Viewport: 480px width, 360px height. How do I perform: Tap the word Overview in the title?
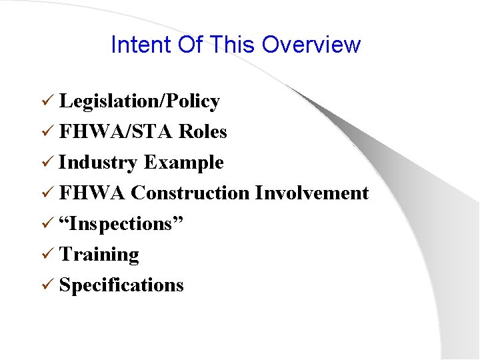(x=311, y=45)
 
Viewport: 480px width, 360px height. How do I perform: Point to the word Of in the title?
(x=191, y=45)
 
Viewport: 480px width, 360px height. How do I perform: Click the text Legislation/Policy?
(x=139, y=101)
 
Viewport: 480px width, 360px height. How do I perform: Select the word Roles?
(x=203, y=132)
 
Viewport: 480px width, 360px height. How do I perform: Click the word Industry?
(x=99, y=163)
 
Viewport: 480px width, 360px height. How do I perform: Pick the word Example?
(x=184, y=163)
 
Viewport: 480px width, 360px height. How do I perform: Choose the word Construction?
(x=191, y=193)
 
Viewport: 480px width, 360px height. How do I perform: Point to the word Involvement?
(x=312, y=193)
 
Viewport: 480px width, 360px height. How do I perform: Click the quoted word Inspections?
(x=121, y=224)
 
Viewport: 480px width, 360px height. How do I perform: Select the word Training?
(x=99, y=255)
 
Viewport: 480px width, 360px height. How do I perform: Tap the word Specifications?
(x=121, y=285)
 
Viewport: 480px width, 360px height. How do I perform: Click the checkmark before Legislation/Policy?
(x=47, y=101)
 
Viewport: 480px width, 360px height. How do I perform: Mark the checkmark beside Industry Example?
(x=47, y=163)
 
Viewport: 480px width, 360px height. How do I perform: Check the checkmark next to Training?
(x=47, y=255)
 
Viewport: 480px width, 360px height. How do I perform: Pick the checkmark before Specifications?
(x=47, y=285)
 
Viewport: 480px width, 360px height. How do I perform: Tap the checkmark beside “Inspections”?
(x=47, y=224)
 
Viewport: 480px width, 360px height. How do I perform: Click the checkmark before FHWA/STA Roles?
(x=47, y=132)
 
